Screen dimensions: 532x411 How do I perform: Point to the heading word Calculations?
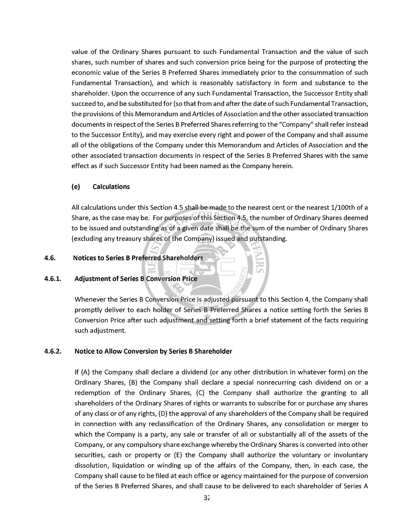111,187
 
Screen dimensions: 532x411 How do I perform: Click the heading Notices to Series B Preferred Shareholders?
138,258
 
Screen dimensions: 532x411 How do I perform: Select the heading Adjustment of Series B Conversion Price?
136,279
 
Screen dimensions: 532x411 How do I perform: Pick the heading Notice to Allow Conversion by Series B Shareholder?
153,351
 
